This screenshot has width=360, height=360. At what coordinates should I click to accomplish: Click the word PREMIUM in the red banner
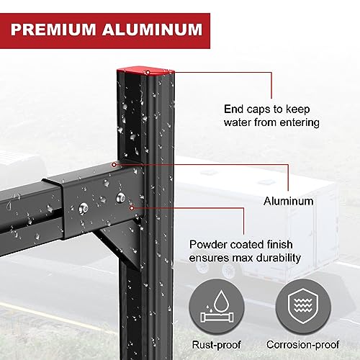(53, 30)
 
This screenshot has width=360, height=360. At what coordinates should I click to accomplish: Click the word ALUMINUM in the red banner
(153, 30)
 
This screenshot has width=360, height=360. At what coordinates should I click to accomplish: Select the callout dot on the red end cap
(148, 72)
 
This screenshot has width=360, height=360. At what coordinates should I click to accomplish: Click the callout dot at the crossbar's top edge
(114, 165)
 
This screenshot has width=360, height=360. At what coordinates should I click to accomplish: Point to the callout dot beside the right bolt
(132, 208)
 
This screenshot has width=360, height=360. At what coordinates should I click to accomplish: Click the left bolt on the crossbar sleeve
(84, 208)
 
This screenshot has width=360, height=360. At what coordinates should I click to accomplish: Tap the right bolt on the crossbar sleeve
(120, 198)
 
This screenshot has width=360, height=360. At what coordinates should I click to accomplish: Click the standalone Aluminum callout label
(288, 201)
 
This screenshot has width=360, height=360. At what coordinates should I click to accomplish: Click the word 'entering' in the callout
(300, 123)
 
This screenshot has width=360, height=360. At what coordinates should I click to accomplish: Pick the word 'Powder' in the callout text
(208, 245)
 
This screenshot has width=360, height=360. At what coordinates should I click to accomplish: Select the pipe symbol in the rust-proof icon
(217, 318)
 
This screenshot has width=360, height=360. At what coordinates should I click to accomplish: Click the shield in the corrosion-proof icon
(303, 306)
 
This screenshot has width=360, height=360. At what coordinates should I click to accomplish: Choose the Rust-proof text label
(217, 345)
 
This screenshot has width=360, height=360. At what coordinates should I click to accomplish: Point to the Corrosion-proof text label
(302, 345)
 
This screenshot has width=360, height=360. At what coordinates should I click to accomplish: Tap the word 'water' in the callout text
(237, 122)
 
